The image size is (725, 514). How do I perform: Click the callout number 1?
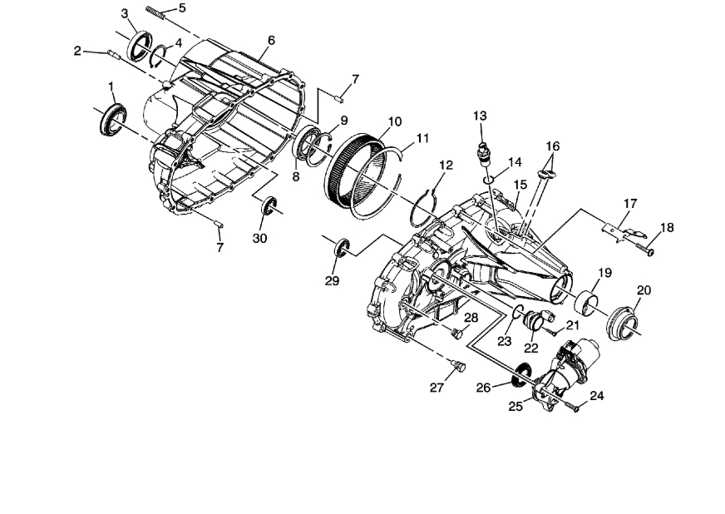111,86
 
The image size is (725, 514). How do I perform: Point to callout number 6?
271,40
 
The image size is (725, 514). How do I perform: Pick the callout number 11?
422,137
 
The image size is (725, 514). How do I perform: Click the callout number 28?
471,317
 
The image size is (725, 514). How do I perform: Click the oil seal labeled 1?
111,119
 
